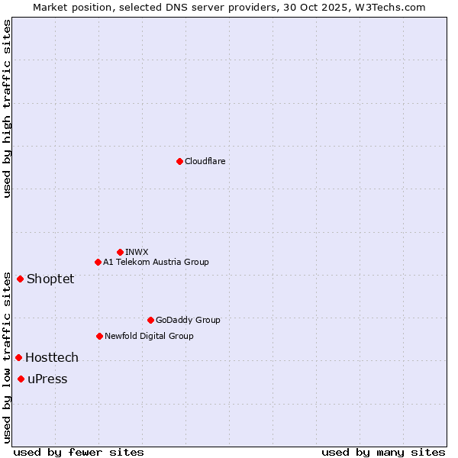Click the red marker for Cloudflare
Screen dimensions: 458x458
tap(179, 161)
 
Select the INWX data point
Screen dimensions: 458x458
tap(120, 252)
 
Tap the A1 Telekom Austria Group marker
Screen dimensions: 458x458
tap(98, 262)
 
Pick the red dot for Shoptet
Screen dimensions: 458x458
tap(20, 279)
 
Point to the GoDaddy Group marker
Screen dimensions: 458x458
tap(150, 320)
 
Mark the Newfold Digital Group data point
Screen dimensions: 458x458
tap(99, 336)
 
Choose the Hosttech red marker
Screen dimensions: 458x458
tap(18, 357)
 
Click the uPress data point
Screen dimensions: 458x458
tap(21, 379)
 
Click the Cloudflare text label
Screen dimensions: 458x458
tap(205, 161)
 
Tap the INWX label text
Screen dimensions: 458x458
tap(137, 252)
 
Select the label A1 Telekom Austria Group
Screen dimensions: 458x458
tap(156, 262)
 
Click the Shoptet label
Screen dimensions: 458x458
tap(50, 279)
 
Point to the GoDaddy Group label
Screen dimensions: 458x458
tap(188, 320)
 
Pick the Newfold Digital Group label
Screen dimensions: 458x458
tap(149, 336)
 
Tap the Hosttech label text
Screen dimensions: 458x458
tap(52, 357)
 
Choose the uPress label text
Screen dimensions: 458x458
tap(47, 379)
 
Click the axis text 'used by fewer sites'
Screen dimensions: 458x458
tap(79, 452)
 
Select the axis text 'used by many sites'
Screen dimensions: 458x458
tap(383, 452)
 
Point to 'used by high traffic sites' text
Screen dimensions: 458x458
tap(7, 108)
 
